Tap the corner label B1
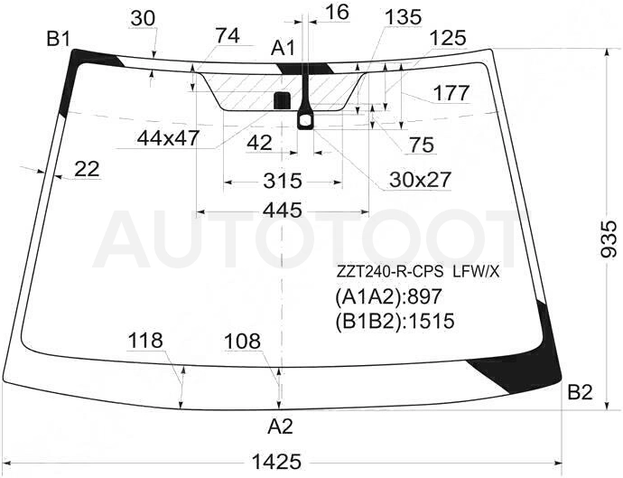pyautogui.click(x=59, y=40)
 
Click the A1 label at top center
pyautogui.click(x=284, y=49)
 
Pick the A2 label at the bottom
pyautogui.click(x=280, y=426)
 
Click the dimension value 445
pyautogui.click(x=284, y=210)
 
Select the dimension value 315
pyautogui.click(x=283, y=181)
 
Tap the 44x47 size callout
pyautogui.click(x=168, y=138)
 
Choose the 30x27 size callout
pyautogui.click(x=420, y=180)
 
